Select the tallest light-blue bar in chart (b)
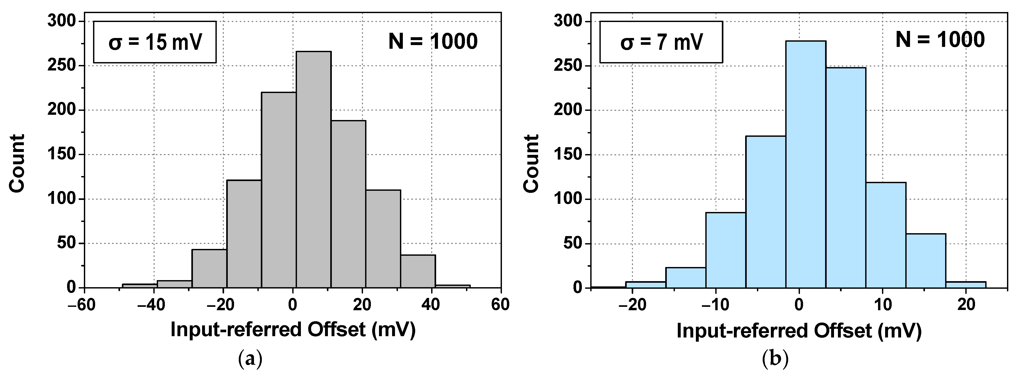(806, 164)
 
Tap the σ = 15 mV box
(155, 42)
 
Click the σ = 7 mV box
(661, 42)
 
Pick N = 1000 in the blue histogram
(940, 40)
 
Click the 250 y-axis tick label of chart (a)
(61, 66)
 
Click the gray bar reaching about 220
(279, 190)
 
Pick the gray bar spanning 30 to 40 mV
(418, 271)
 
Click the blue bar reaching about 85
(725, 250)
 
